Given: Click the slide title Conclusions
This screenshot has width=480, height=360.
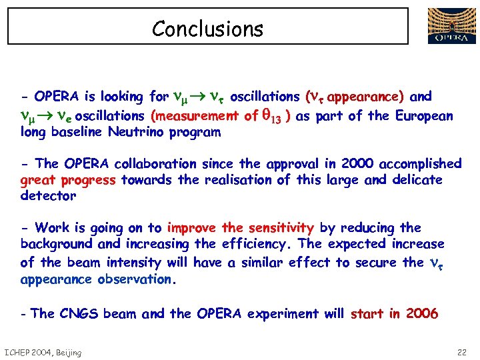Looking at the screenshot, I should [207, 29].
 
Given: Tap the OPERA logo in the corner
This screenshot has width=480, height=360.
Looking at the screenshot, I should [451, 26].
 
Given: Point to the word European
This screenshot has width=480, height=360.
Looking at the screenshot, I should [424, 116].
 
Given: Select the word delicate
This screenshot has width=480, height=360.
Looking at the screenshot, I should [414, 179].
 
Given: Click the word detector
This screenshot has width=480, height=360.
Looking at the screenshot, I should [48, 196].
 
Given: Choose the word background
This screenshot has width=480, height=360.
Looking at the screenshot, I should [57, 244].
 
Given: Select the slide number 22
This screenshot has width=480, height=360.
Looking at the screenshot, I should [463, 352].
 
